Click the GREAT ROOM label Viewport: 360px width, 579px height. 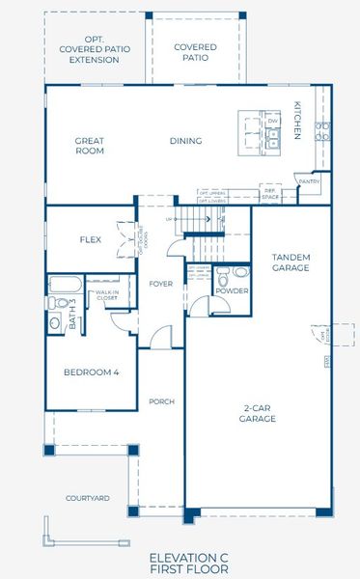[x=89, y=146]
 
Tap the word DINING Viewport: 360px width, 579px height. [x=185, y=141]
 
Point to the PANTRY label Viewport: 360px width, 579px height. [x=309, y=180]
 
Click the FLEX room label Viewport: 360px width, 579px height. [x=91, y=239]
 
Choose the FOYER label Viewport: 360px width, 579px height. [x=160, y=284]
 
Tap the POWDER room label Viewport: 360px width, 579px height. [x=232, y=290]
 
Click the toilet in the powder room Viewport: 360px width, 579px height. [x=224, y=272]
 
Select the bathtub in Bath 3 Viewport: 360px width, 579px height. [x=67, y=284]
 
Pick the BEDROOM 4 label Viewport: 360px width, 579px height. [x=91, y=372]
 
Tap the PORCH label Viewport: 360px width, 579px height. [x=160, y=400]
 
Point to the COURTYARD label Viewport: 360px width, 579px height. [x=86, y=498]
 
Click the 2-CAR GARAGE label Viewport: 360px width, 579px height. [x=258, y=414]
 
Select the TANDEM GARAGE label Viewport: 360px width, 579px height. [x=290, y=261]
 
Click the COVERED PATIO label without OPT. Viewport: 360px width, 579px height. [x=195, y=52]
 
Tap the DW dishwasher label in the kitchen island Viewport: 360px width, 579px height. [x=272, y=121]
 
